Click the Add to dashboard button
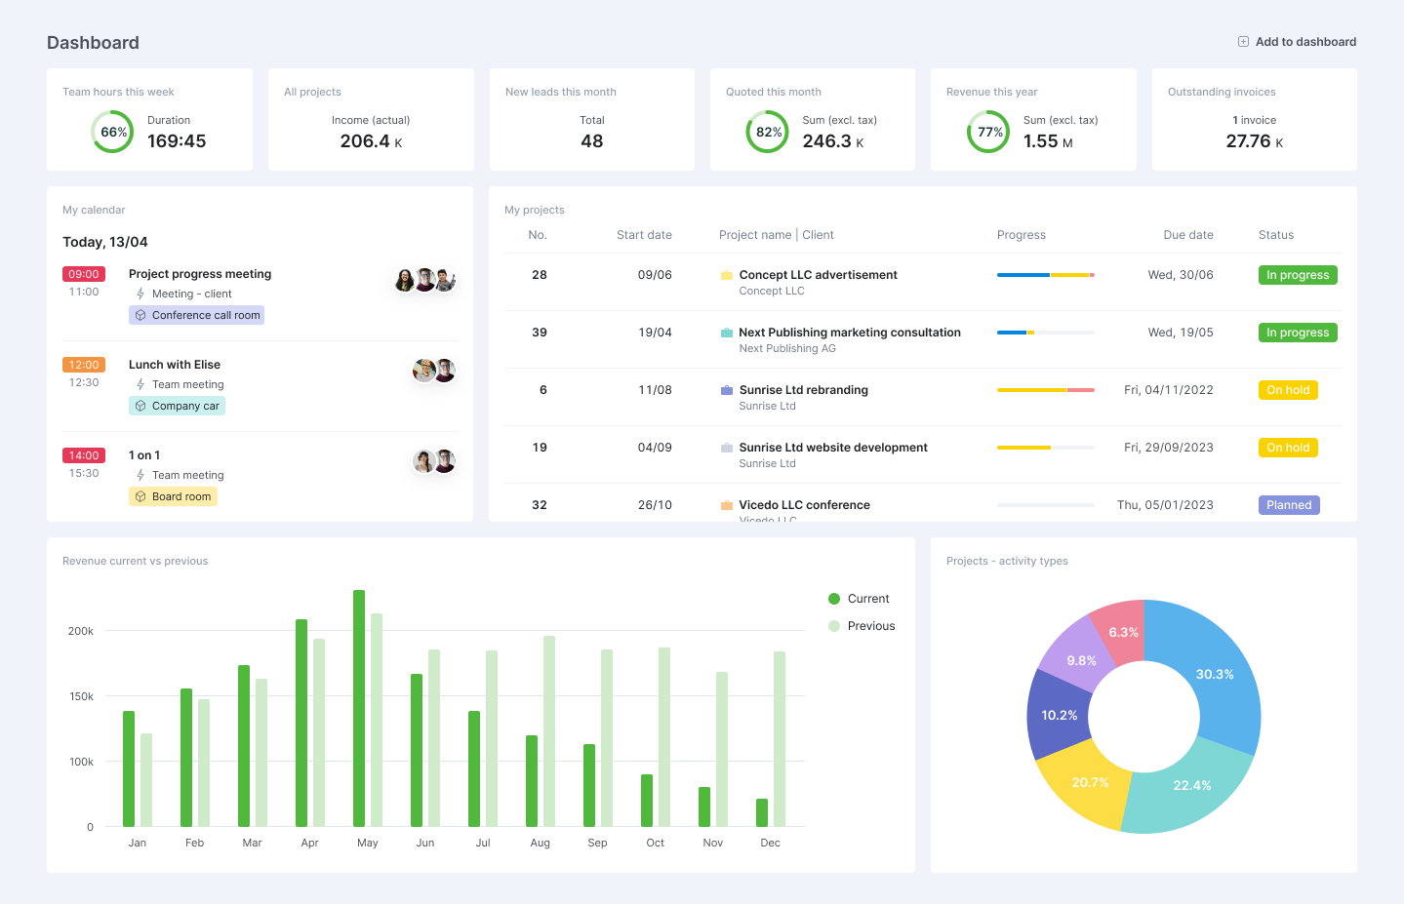pyautogui.click(x=1297, y=42)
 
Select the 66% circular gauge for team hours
pyautogui.click(x=113, y=132)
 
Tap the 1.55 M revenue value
pyautogui.click(x=1048, y=141)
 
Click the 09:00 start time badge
pyautogui.click(x=84, y=274)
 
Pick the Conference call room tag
pyautogui.click(x=196, y=315)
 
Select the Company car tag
pyautogui.click(x=177, y=406)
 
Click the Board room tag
pyautogui.click(x=173, y=496)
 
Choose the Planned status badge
pyautogui.click(x=1288, y=505)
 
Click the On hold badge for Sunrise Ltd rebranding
pyautogui.click(x=1288, y=390)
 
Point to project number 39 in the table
pyautogui.click(x=540, y=333)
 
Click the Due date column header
pyautogui.click(x=1187, y=235)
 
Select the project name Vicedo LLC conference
pyautogui.click(x=804, y=505)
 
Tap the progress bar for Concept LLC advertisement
pyautogui.click(x=1045, y=275)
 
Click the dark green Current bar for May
pyautogui.click(x=359, y=707)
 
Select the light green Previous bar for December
pyautogui.click(x=780, y=738)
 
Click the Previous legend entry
pyautogui.click(x=862, y=626)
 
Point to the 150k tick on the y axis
pyautogui.click(x=81, y=696)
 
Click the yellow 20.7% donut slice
pyautogui.click(x=1085, y=785)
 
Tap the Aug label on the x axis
pyautogui.click(x=540, y=843)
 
